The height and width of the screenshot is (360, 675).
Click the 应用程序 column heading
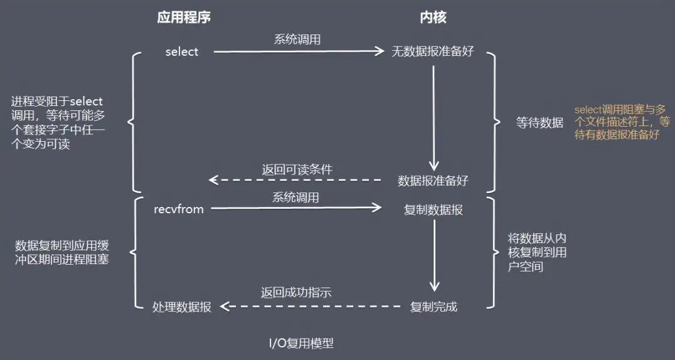[183, 18]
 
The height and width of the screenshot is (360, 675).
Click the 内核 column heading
[433, 18]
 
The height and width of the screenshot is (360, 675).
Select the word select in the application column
[182, 52]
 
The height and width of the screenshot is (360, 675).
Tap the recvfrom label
[179, 209]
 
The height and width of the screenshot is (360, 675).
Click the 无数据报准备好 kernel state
[433, 52]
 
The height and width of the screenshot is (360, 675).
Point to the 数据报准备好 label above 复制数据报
[433, 181]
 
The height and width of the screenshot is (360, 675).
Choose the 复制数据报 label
[433, 210]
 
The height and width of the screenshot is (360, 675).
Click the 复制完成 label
[433, 307]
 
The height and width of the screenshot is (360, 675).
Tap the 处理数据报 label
[182, 307]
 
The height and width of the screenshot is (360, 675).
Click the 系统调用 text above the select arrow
[297, 39]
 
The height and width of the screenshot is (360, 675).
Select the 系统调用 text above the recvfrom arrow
[295, 198]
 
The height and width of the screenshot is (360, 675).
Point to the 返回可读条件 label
[297, 169]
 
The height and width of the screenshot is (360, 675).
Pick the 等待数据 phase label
[539, 123]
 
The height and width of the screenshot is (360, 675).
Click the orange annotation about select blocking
[622, 122]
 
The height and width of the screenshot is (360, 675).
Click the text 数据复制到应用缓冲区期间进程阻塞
[62, 253]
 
